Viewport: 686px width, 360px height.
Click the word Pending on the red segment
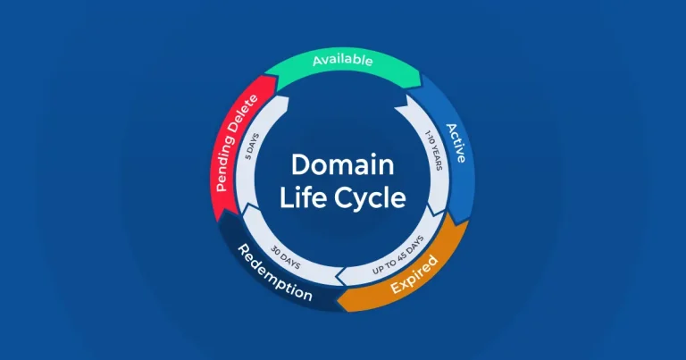230,164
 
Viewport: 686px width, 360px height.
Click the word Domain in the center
342,165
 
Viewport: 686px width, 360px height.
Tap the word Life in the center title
299,198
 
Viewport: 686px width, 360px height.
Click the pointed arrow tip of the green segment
417,78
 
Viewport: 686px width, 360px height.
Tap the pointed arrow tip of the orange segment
339,291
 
